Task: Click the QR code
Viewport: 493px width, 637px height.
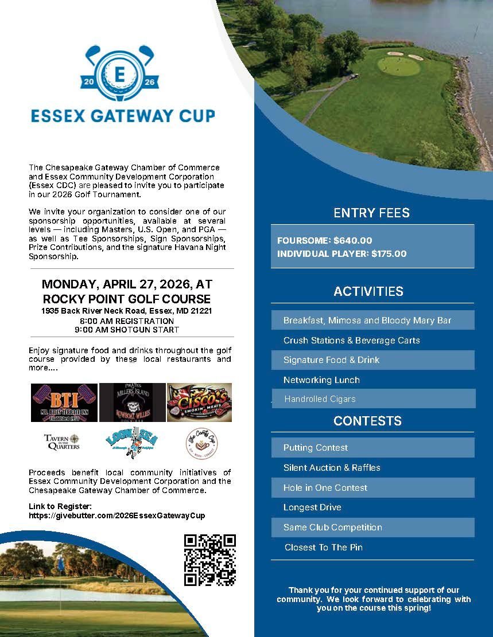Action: click(210, 560)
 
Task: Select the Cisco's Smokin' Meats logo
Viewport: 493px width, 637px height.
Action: click(199, 402)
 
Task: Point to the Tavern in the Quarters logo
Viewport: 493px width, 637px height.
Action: click(62, 441)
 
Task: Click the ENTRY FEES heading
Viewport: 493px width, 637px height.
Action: click(372, 213)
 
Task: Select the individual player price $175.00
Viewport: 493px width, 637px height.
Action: click(389, 253)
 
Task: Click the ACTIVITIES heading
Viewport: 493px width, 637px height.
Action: click(368, 291)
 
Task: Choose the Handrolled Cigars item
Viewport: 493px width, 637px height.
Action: click(320, 399)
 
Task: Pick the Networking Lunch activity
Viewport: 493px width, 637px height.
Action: click(321, 380)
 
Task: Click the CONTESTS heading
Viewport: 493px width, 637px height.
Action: click(367, 421)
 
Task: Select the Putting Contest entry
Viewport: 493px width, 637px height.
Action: click(316, 448)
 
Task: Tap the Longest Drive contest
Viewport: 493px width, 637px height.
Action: click(312, 507)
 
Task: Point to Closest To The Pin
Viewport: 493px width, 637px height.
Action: click(323, 548)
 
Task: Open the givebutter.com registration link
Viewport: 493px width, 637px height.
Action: click(117, 515)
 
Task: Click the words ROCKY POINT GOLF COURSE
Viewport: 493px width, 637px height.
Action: click(126, 299)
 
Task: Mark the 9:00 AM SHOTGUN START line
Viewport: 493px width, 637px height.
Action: click(127, 330)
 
